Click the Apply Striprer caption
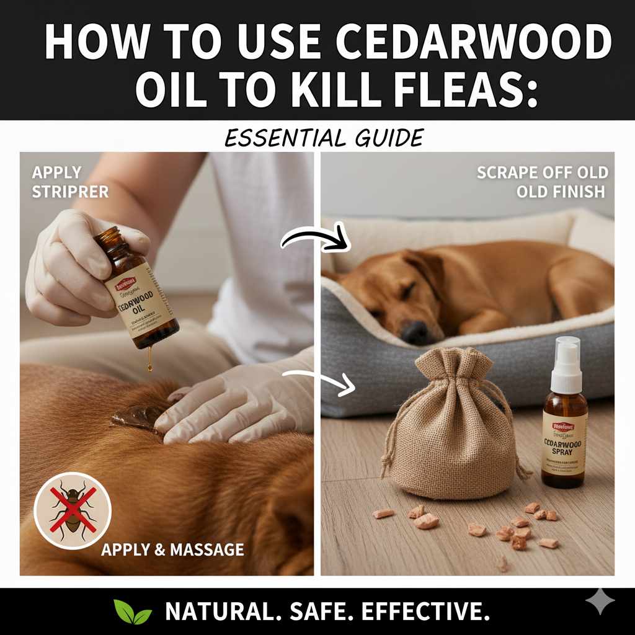pyautogui.click(x=69, y=182)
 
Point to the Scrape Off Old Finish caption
pyautogui.click(x=542, y=182)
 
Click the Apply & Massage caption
pyautogui.click(x=172, y=549)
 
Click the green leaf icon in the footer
pyautogui.click(x=132, y=612)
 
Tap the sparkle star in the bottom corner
pyautogui.click(x=600, y=602)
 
